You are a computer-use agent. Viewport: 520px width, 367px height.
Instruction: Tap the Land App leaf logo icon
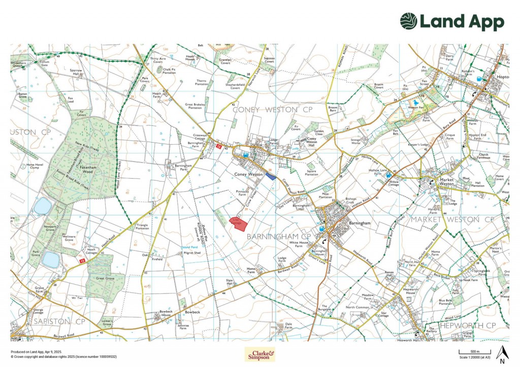click(408, 22)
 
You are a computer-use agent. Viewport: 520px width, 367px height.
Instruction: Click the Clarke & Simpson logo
click(259, 354)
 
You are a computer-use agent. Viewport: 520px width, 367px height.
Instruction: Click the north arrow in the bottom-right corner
click(502, 352)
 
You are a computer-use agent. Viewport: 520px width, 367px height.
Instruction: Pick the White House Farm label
click(299, 244)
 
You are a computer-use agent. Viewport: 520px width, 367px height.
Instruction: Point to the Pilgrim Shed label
click(191, 252)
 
